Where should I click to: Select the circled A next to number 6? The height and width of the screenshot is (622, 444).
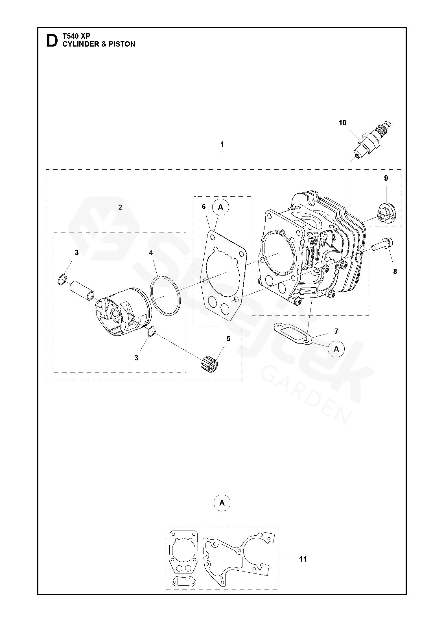(x=221, y=207)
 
